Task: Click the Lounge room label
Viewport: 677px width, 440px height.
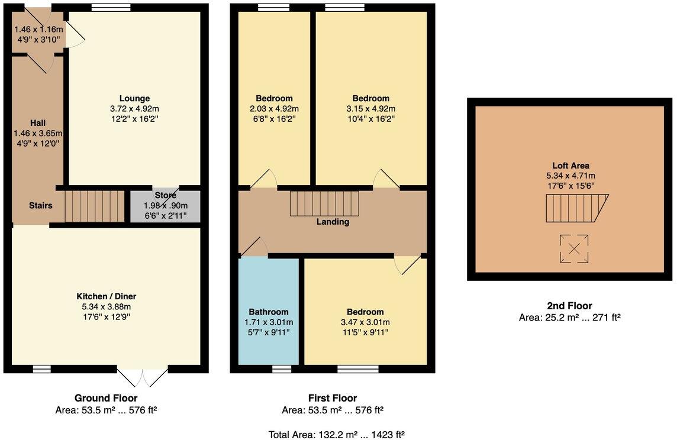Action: coord(134,98)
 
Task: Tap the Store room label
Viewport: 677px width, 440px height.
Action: coord(165,195)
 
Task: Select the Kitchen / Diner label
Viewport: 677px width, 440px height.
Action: coord(107,296)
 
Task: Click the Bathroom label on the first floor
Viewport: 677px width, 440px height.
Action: coord(268,312)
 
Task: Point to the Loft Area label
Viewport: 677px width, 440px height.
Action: coord(570,166)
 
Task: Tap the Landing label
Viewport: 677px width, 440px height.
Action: coord(333,222)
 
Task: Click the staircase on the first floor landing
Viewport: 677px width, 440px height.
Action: coord(324,203)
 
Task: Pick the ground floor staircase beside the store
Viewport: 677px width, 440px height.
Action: coord(94,205)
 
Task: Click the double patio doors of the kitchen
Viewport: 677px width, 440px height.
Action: coord(143,376)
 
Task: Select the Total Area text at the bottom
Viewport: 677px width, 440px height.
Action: coord(337,435)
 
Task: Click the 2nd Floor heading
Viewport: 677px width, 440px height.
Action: coord(569,306)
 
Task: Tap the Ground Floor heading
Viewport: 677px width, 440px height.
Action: coord(106,398)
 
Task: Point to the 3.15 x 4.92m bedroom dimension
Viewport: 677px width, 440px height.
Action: coord(371,108)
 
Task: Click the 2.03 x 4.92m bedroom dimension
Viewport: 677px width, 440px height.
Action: coord(274,108)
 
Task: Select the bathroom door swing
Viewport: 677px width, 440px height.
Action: coord(253,247)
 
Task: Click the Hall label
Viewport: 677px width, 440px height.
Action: coord(38,122)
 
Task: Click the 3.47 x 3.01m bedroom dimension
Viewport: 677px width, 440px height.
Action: coord(365,322)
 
